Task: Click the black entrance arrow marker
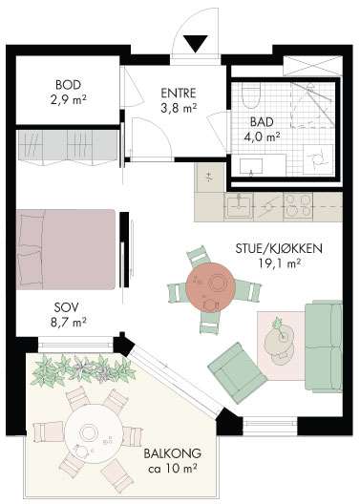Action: (x=196, y=43)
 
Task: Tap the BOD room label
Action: (x=68, y=85)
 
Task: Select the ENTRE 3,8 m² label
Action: (x=179, y=100)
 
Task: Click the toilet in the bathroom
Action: (x=250, y=95)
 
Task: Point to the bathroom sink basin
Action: (x=251, y=166)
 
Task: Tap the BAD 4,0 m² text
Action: (x=262, y=130)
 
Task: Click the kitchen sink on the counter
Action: (x=239, y=206)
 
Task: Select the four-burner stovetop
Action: (x=298, y=206)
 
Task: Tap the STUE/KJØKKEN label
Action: (x=279, y=249)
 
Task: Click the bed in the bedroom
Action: (x=66, y=249)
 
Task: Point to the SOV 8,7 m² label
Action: (x=69, y=315)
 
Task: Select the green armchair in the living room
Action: (x=237, y=372)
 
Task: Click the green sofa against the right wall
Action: (x=324, y=346)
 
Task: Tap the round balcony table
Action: (x=94, y=433)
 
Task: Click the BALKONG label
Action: (x=173, y=453)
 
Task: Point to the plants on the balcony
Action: (x=83, y=370)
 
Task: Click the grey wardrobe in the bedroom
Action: (x=68, y=146)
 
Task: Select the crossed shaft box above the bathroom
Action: (x=313, y=66)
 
